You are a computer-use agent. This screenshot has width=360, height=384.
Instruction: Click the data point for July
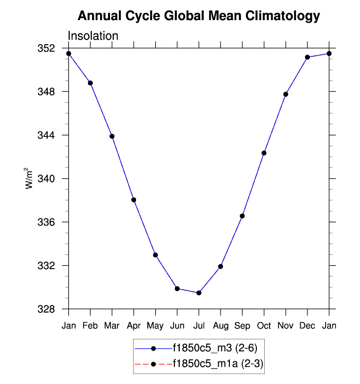tap(199, 293)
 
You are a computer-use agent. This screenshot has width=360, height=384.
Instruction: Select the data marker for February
tap(90, 83)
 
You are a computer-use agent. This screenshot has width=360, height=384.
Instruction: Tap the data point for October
tap(264, 153)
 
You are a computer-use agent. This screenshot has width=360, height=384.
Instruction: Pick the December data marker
tap(307, 57)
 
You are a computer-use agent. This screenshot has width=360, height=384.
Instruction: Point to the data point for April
tap(134, 200)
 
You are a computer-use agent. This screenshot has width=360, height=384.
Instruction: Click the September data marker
tap(242, 216)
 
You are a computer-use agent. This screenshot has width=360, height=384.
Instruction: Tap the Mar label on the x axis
tap(112, 326)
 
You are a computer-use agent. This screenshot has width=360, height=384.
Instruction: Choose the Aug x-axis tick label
tap(221, 326)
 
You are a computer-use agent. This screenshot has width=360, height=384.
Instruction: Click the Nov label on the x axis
tap(285, 326)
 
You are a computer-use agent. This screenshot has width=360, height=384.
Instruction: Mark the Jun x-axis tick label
tap(177, 326)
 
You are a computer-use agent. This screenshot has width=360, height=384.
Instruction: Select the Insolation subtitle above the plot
tap(93, 36)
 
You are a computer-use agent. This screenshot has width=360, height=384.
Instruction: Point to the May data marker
tap(155, 255)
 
